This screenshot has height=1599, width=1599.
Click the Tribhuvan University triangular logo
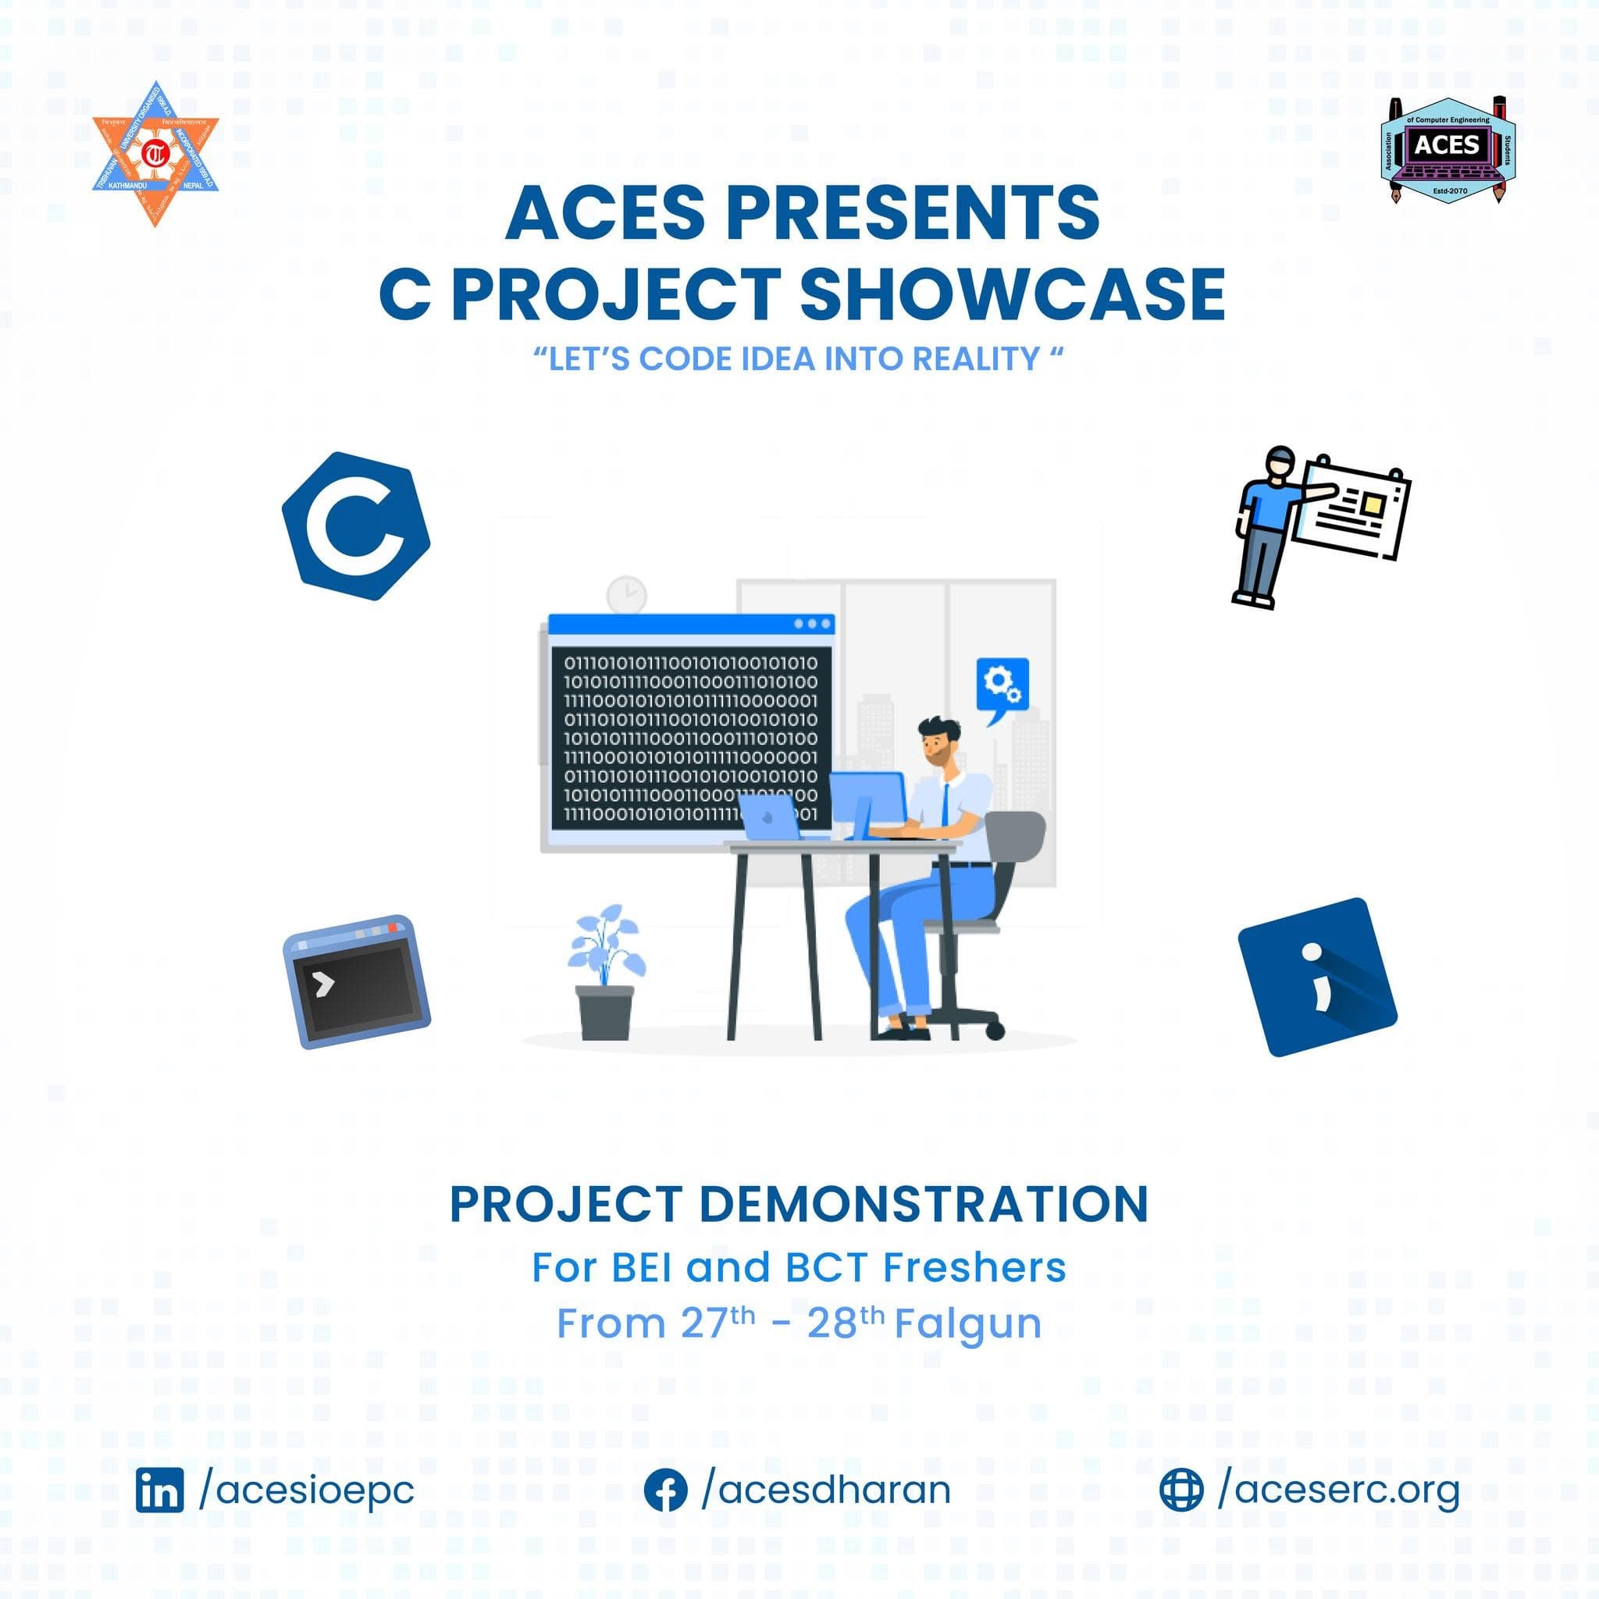pos(155,154)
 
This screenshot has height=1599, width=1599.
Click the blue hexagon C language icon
pos(356,525)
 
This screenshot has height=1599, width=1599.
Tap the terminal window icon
pos(357,981)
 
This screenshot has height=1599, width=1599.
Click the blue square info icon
pos(1317,977)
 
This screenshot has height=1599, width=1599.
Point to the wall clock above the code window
pos(626,594)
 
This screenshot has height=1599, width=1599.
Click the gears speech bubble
pos(1002,686)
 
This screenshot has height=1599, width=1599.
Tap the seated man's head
pos(939,741)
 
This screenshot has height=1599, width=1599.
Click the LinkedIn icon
pos(160,1490)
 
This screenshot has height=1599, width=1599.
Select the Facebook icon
pos(665,1490)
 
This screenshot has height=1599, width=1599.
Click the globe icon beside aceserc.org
pos(1181,1490)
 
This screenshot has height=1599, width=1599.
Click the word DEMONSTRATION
pos(924,1205)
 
